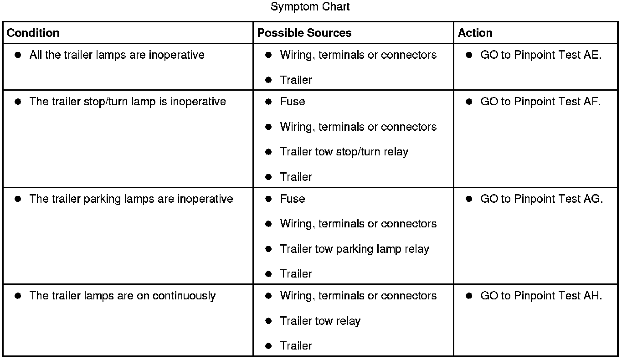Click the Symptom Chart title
point(310,7)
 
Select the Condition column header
point(33,33)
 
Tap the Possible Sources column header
point(304,33)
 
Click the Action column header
point(475,33)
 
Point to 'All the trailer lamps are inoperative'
point(117,55)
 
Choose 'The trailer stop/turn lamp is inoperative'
point(128,102)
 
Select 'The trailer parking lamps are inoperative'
point(131,199)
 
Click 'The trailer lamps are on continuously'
point(122,296)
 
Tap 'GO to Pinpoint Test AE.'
point(541,55)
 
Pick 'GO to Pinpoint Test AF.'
point(540,102)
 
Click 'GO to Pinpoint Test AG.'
point(541,199)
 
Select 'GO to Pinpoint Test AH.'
point(541,296)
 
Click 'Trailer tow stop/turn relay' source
point(344,152)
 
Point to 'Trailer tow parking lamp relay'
point(355,249)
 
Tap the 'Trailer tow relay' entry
point(320,321)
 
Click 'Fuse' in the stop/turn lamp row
point(293,102)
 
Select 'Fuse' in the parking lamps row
point(293,199)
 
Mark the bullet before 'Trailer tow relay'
point(268,321)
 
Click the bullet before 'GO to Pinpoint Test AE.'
point(469,55)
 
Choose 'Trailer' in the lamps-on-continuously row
point(296,346)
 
